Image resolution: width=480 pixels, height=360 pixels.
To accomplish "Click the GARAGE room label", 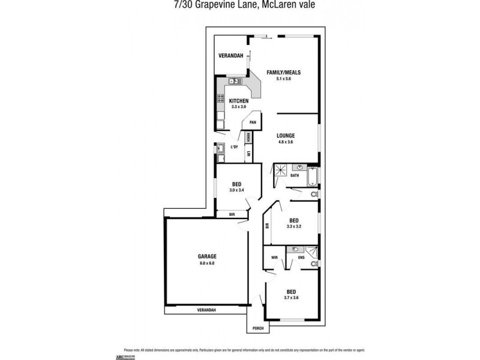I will coord(207,257).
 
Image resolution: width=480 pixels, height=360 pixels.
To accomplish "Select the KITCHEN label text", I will coord(239,100).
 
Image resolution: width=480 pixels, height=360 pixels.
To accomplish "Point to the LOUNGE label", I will coord(285,136).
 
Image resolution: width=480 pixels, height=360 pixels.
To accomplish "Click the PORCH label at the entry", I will coord(257,328).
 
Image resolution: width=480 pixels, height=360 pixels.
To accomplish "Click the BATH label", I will coord(294,175).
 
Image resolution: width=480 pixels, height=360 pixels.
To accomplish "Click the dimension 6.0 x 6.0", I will coord(207,263).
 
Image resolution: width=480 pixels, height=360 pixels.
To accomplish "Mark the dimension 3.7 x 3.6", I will coord(291,298).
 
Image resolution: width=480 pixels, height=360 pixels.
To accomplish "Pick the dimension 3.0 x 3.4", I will coord(237,190).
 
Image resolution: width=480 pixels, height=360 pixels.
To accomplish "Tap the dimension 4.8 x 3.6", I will coord(285,142).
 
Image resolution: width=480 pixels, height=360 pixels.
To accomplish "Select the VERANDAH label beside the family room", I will coord(230,56).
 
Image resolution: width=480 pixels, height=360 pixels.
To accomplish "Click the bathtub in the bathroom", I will coord(312,176).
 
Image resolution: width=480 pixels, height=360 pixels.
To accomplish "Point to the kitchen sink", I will coord(235,80).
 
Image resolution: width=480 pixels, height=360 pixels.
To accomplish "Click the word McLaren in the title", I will coord(289,5).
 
